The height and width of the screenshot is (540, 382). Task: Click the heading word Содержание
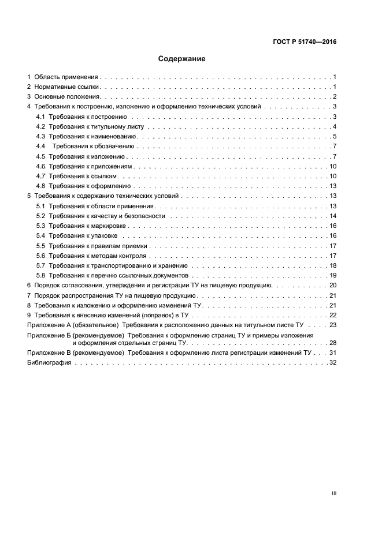click(x=182, y=59)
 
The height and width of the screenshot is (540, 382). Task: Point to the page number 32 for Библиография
click(x=332, y=363)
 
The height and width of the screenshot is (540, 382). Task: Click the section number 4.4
click(x=40, y=147)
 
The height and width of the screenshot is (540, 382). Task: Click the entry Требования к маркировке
click(x=88, y=226)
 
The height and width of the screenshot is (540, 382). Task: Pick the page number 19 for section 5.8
click(x=332, y=275)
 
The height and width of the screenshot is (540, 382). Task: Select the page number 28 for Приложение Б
click(x=332, y=343)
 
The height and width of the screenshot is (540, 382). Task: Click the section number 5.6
click(x=40, y=256)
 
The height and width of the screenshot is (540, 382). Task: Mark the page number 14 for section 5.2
click(x=332, y=216)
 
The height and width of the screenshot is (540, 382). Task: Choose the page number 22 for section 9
click(x=332, y=315)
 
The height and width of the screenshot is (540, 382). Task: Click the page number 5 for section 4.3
click(x=334, y=137)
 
